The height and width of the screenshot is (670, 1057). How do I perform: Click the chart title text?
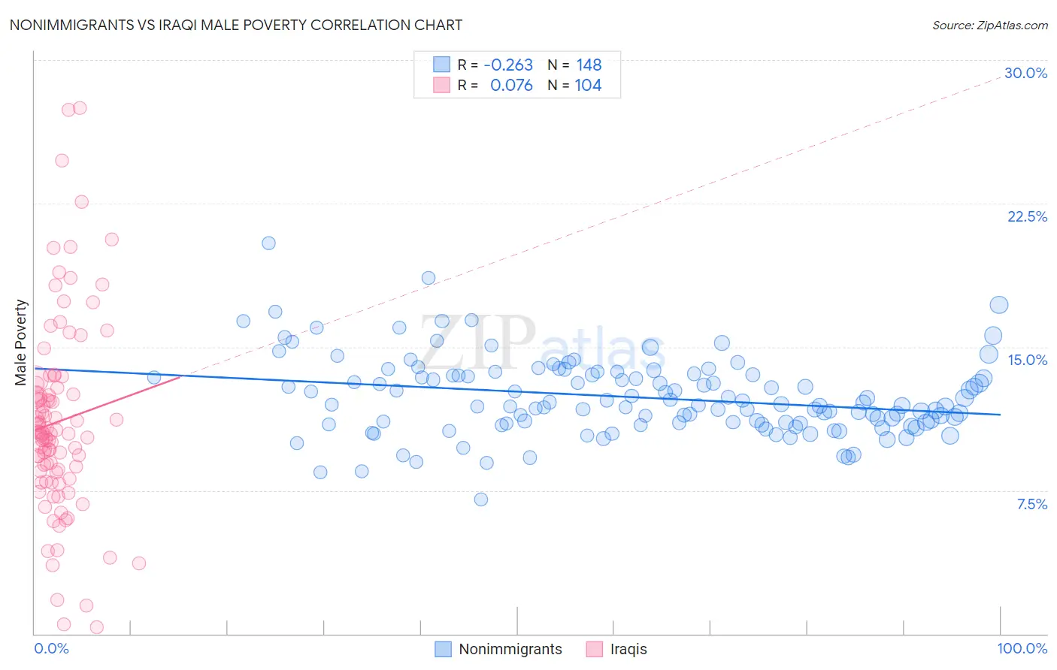tap(235, 25)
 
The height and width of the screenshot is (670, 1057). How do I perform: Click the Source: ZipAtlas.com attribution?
tap(989, 25)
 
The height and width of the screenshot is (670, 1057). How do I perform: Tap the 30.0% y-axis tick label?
tap(1025, 73)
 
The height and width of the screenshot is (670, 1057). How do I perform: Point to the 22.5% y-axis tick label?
tap(1027, 216)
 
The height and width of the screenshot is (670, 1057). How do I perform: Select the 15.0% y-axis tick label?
tap(1027, 360)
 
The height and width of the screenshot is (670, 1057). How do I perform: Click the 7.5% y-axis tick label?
tap(1031, 504)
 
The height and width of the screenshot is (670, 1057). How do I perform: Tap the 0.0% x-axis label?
tap(51, 648)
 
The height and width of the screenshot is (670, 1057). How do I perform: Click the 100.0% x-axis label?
tap(1022, 648)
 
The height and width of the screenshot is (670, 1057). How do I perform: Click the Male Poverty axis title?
tap(21, 343)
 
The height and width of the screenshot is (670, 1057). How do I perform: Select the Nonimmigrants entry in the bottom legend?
tap(510, 649)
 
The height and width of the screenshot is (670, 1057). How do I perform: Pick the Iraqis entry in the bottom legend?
tap(628, 649)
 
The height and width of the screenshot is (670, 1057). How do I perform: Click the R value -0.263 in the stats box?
tap(508, 65)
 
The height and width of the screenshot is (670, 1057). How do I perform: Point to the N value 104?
tap(588, 85)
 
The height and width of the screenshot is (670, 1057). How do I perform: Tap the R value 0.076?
tap(511, 85)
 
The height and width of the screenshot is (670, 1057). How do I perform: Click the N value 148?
tap(589, 65)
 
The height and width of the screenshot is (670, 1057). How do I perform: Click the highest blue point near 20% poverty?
tap(268, 243)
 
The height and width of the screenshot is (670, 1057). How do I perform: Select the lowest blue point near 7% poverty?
tap(481, 499)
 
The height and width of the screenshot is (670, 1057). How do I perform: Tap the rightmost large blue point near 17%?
tap(998, 305)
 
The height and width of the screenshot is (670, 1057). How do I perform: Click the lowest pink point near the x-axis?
tap(96, 626)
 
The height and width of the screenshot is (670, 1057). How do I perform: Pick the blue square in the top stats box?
tap(441, 65)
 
